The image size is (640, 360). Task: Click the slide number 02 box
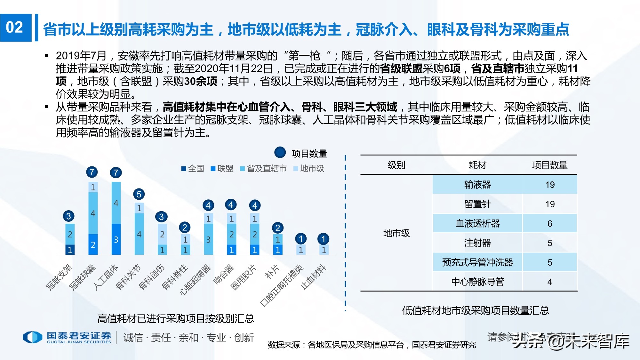point(15,28)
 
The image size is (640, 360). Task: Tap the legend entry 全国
point(193,169)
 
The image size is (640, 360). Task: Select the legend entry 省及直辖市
point(263,169)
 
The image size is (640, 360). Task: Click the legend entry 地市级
point(309,169)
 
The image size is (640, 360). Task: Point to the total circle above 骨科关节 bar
point(139,194)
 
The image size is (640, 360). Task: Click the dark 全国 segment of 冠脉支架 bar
point(70,250)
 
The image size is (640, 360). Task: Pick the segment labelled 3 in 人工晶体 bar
point(116,239)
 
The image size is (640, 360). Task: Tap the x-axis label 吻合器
point(224,274)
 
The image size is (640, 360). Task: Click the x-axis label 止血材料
point(314,277)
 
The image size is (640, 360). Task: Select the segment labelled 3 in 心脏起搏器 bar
point(208,239)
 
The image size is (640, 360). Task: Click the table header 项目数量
point(549,165)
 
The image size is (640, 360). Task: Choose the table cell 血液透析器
point(477,223)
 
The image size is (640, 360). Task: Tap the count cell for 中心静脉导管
point(549,282)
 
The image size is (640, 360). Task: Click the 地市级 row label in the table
point(396,233)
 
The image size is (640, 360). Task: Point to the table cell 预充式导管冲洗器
point(477,262)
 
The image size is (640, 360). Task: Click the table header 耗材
point(477,165)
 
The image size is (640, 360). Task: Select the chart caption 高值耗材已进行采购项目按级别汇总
point(175,318)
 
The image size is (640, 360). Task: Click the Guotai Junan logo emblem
point(32,337)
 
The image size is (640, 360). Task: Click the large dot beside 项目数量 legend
point(280,153)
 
